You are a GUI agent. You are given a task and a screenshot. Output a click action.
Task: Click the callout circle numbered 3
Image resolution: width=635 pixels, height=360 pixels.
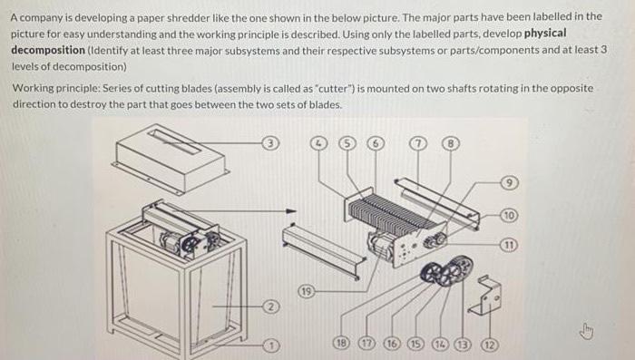click(269, 143)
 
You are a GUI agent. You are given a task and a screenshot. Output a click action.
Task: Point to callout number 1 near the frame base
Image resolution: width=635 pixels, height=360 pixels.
click(269, 345)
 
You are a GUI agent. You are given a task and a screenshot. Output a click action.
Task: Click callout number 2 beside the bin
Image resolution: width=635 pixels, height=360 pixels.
click(269, 307)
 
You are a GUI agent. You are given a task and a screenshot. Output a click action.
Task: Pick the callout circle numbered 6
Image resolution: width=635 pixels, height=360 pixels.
click(374, 143)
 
